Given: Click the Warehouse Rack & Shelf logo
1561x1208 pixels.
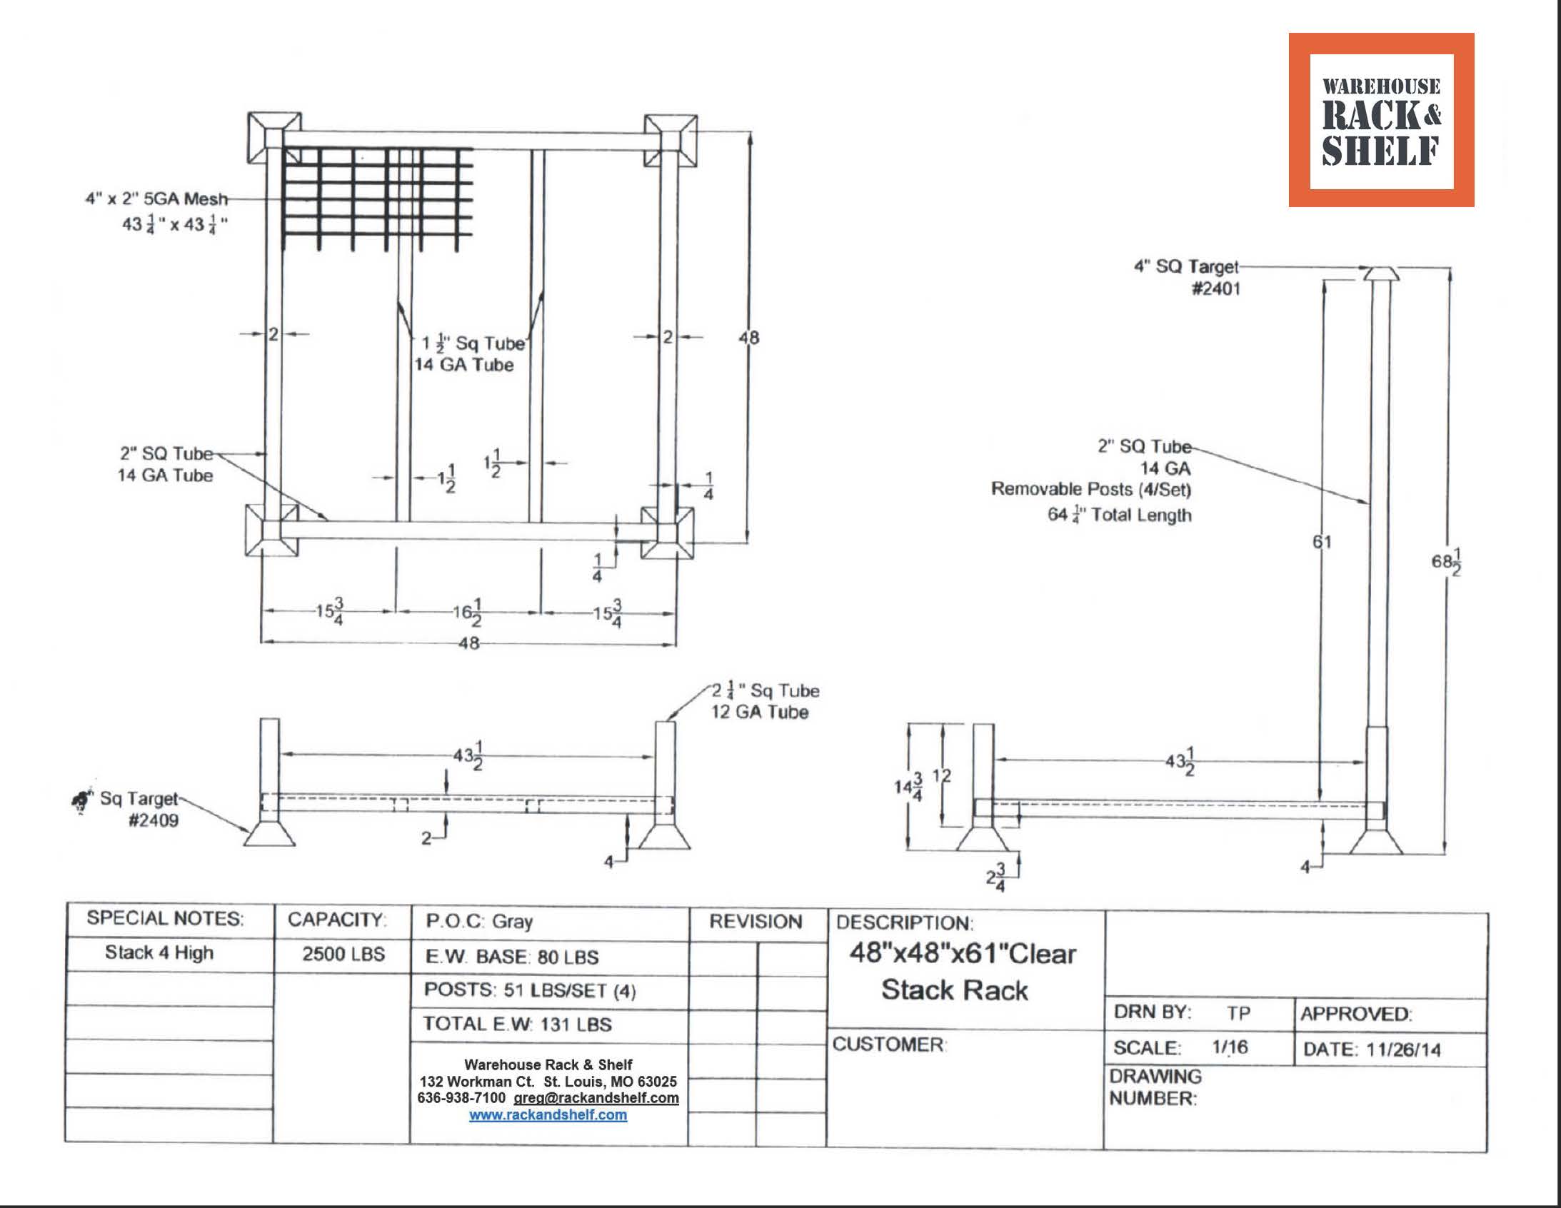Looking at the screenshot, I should coord(1381,120).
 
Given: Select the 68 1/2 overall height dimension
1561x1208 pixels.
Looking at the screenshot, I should coord(1446,562).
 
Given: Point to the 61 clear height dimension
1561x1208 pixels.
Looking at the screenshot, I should coord(1322,542).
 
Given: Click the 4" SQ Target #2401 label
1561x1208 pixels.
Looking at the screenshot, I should coord(1187,277).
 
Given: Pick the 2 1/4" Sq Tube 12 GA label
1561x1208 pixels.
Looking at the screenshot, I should coord(763,701).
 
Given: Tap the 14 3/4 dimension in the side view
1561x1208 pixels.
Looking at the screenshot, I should coord(908,786).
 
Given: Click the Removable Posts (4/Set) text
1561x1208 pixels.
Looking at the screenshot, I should coord(1090,490).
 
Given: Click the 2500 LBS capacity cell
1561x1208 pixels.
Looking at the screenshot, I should coord(343,955).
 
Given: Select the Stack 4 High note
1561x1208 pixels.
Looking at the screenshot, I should coord(159,953).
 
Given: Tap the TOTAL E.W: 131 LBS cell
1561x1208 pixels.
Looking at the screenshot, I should coord(517,1025).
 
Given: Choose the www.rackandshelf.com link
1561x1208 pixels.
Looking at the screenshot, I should coord(548,1115).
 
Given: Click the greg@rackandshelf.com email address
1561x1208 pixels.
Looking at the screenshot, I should coord(596,1098).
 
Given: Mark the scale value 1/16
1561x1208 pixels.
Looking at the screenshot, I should coord(1230,1047).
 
